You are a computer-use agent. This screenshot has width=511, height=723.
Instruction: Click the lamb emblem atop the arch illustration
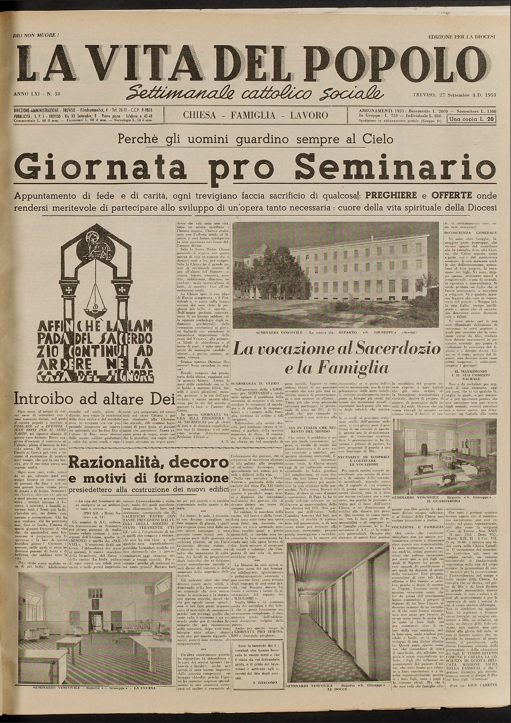pyautogui.click(x=93, y=244)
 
